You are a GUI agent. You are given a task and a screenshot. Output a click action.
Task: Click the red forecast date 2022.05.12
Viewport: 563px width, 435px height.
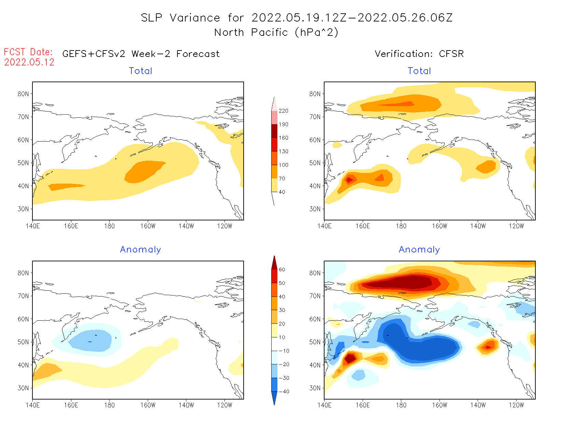(29, 62)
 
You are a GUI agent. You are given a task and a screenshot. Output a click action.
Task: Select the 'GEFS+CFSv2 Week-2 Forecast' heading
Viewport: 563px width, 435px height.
(141, 54)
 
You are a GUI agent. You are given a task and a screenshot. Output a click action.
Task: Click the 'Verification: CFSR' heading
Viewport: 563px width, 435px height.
(419, 54)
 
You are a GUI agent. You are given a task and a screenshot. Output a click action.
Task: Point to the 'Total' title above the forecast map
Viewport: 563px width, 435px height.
(141, 71)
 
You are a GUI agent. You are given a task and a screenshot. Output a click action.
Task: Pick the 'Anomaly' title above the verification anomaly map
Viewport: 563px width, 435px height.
(419, 250)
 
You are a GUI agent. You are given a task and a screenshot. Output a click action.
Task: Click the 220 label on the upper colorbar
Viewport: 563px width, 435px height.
(283, 111)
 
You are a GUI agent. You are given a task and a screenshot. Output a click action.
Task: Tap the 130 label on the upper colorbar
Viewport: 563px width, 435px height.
(283, 151)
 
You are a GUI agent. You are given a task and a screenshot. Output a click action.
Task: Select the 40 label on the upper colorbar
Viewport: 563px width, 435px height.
(282, 192)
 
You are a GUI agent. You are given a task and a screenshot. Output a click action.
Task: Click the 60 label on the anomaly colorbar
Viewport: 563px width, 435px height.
(282, 270)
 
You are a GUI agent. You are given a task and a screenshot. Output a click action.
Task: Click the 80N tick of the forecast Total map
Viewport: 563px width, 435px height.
(23, 94)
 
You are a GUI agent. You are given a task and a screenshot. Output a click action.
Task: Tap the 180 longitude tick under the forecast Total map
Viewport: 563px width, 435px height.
(110, 226)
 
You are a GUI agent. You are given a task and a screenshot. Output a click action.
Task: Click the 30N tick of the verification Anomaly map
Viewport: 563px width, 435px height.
(315, 388)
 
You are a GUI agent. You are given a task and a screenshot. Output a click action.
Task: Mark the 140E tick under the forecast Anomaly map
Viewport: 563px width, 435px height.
(33, 405)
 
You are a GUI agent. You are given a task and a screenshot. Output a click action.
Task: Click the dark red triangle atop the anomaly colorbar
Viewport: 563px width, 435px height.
(274, 263)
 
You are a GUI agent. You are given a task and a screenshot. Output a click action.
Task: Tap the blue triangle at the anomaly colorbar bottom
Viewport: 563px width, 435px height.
(274, 398)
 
